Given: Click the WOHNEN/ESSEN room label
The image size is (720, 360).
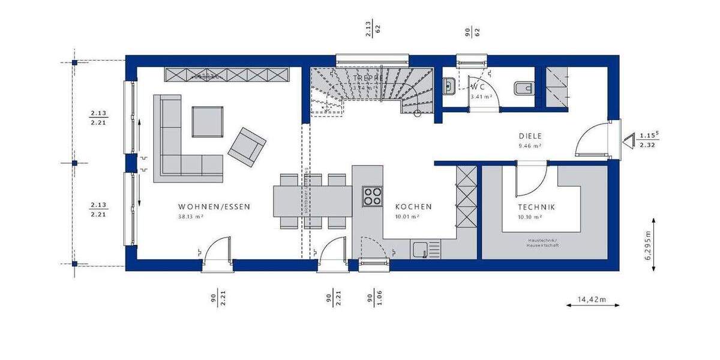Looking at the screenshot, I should click(x=214, y=206).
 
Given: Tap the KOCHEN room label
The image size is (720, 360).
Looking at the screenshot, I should click(x=413, y=206).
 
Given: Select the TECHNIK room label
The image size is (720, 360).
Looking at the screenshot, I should click(x=536, y=206).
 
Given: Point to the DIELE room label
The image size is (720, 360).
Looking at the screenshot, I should click(x=530, y=136).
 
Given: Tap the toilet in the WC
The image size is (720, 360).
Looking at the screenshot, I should click(x=523, y=89).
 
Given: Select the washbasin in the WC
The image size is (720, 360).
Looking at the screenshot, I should click(x=449, y=88).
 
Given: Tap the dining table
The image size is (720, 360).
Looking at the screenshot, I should click(x=312, y=201).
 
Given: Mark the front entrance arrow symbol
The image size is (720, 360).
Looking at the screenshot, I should click(x=628, y=141).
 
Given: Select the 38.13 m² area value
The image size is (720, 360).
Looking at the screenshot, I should click(x=190, y=217).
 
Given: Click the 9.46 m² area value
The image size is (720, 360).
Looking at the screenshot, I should click(x=530, y=146).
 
